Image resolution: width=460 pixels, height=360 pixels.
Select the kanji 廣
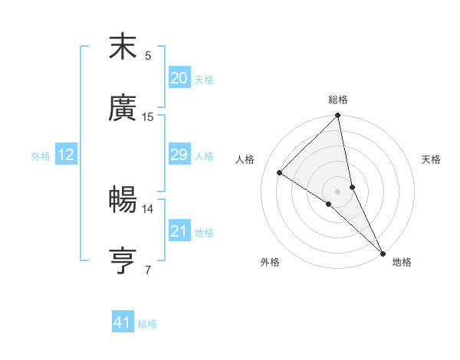coord(123,108)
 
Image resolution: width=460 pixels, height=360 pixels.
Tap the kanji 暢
coord(123,200)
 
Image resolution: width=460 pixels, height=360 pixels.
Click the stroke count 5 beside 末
coord(148,56)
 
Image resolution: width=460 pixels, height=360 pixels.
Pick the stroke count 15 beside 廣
coord(148,117)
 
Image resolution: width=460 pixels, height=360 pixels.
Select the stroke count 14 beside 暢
coord(148,208)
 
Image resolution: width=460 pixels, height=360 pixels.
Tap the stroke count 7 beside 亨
coord(148,270)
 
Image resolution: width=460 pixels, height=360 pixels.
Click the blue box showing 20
coord(179,78)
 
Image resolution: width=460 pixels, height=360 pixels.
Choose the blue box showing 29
coord(179,155)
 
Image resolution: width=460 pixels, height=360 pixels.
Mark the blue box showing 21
coord(179,231)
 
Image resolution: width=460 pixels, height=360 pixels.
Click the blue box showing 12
coord(66,155)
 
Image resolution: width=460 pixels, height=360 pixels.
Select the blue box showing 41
coord(123,322)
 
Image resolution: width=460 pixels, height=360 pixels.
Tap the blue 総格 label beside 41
coord(148,324)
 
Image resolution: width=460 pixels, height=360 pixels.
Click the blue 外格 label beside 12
coord(41,156)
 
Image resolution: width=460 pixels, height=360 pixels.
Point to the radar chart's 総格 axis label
coord(338,100)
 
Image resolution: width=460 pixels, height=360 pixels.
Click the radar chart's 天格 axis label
coord(431,159)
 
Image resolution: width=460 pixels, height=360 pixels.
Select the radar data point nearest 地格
coord(383,253)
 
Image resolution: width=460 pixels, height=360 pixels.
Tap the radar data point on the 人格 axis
coord(280,173)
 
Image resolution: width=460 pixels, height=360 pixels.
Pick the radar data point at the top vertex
coord(338,116)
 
